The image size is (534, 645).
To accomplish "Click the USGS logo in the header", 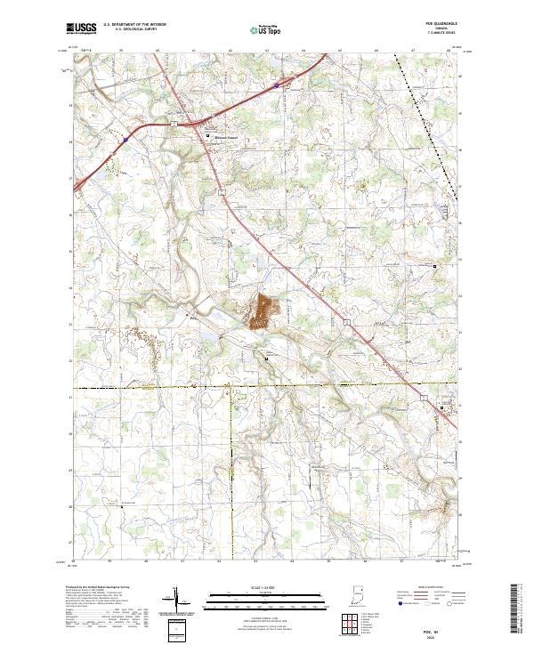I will [x=80, y=28].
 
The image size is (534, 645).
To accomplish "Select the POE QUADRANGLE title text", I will [x=449, y=26].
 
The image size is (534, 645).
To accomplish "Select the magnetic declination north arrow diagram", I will [x=177, y=601].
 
